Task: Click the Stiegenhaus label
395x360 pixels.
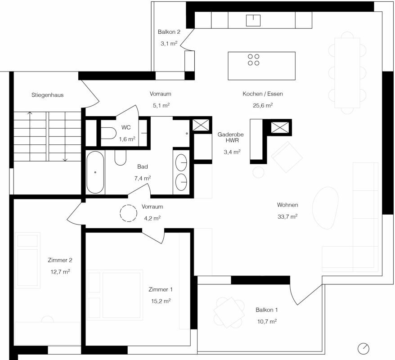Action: point(47,95)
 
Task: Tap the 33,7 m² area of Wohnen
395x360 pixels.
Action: point(287,216)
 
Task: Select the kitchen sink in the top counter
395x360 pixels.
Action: point(253,20)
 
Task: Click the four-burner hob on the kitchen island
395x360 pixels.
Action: point(253,60)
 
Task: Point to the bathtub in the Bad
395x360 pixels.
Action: point(95,172)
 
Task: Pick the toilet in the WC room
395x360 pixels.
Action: point(108,133)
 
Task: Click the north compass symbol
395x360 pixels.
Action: point(363,349)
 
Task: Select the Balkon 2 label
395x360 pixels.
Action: point(169,32)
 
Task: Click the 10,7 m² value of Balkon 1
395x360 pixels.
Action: point(267,321)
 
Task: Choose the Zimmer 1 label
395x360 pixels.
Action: point(161,289)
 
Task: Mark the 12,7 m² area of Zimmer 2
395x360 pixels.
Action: point(60,272)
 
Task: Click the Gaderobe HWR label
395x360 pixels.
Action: point(230,137)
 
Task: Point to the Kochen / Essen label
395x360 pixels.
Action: point(263,94)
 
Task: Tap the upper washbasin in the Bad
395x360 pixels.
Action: point(181,163)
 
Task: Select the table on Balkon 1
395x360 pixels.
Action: point(229,312)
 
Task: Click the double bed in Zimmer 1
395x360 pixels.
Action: point(115,295)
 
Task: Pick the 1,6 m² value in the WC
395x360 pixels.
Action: point(127,139)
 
